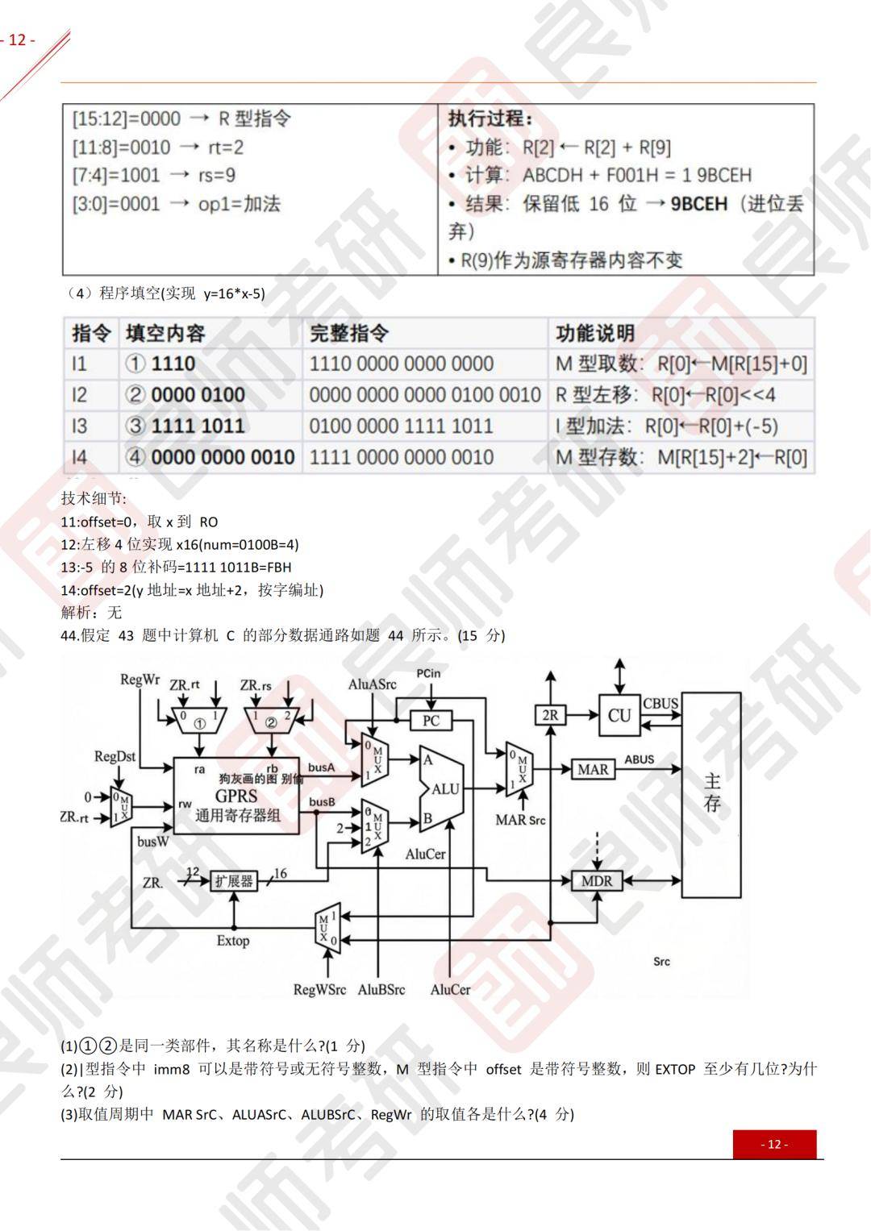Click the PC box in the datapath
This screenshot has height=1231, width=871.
click(431, 720)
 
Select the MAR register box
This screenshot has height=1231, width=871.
click(593, 769)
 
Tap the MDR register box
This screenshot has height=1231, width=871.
click(597, 881)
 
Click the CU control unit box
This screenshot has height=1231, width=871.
click(619, 715)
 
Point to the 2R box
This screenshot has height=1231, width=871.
click(550, 715)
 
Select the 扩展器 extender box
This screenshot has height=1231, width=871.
click(234, 881)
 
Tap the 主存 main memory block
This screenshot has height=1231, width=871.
click(712, 793)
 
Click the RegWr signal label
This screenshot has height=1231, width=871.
click(140, 680)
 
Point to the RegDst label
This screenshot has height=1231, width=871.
click(115, 756)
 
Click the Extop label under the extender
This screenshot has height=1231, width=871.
click(233, 940)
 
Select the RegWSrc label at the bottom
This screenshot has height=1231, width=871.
click(319, 989)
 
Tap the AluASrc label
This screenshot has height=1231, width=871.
click(372, 684)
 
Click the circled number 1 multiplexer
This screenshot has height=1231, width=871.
click(199, 721)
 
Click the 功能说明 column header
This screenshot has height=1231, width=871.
click(594, 333)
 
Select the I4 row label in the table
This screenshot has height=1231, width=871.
click(79, 457)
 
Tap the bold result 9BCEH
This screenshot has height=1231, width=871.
click(698, 203)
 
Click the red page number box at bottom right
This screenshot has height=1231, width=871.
click(774, 1144)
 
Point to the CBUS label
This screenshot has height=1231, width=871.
click(660, 703)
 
